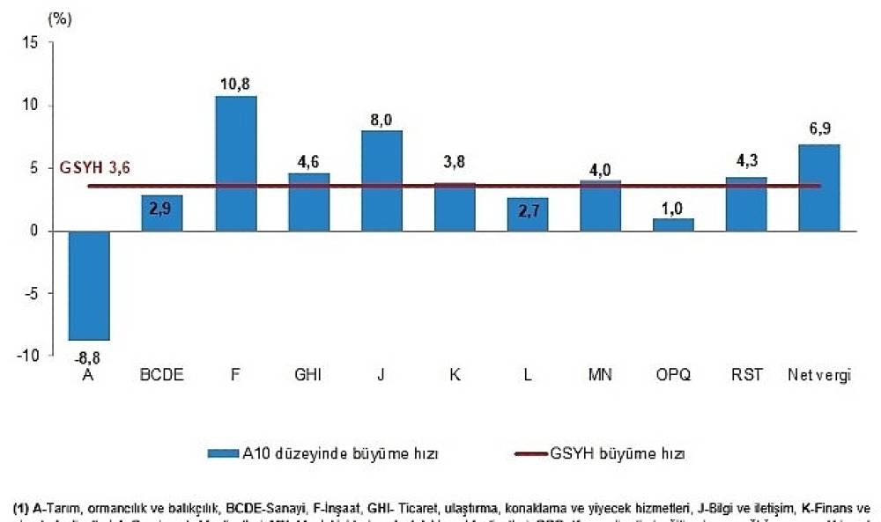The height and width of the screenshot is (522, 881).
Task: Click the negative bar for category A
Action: (89, 285)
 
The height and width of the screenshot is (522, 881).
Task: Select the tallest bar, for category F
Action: (235, 163)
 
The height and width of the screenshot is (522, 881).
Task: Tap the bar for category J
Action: (381, 180)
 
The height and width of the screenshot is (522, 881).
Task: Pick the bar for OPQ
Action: (673, 224)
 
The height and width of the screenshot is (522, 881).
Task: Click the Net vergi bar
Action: (819, 187)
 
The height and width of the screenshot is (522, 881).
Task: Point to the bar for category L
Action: (527, 214)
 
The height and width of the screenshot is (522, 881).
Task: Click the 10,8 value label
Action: (235, 85)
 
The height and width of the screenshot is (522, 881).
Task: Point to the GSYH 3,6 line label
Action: (94, 169)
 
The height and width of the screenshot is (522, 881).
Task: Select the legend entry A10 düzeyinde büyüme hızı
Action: (335, 454)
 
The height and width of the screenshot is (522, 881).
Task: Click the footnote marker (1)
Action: (22, 508)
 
